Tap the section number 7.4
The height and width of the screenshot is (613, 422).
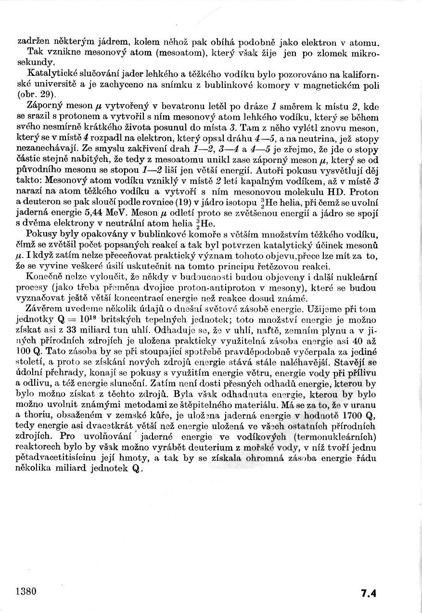tap(368, 593)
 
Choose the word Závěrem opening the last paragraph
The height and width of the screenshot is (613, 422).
tap(46, 310)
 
